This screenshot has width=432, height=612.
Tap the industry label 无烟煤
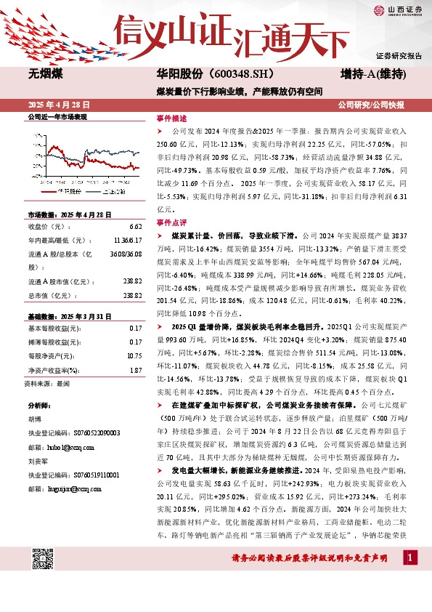click(x=45, y=75)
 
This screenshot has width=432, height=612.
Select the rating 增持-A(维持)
click(x=372, y=75)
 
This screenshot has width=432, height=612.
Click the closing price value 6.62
click(x=136, y=226)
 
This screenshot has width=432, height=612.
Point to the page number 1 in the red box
click(x=411, y=557)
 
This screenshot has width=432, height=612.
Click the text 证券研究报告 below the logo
click(x=399, y=56)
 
